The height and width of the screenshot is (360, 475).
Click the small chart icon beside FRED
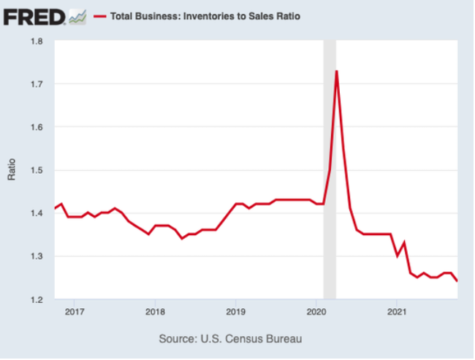pos(77,15)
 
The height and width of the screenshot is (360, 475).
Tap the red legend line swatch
pos(100,15)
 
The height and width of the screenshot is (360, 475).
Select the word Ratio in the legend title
pos(287,15)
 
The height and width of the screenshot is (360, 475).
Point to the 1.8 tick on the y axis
pos(37,42)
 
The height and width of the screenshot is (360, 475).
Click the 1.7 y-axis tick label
pos(37,85)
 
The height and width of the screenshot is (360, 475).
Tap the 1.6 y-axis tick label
pos(37,128)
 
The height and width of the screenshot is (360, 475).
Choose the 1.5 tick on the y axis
pos(37,171)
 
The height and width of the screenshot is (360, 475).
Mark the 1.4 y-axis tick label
pos(37,213)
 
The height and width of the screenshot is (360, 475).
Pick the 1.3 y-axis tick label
pos(37,256)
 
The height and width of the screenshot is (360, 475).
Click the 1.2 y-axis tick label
pos(37,299)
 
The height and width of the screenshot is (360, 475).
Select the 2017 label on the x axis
pos(74,313)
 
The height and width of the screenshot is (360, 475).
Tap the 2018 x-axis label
pos(154,313)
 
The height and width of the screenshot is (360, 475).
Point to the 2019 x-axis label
pos(235,313)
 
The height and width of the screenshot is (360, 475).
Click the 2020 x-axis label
pos(316,313)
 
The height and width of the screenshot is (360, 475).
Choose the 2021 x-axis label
pos(397,313)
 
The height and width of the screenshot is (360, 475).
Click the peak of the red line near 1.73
pos(336,72)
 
